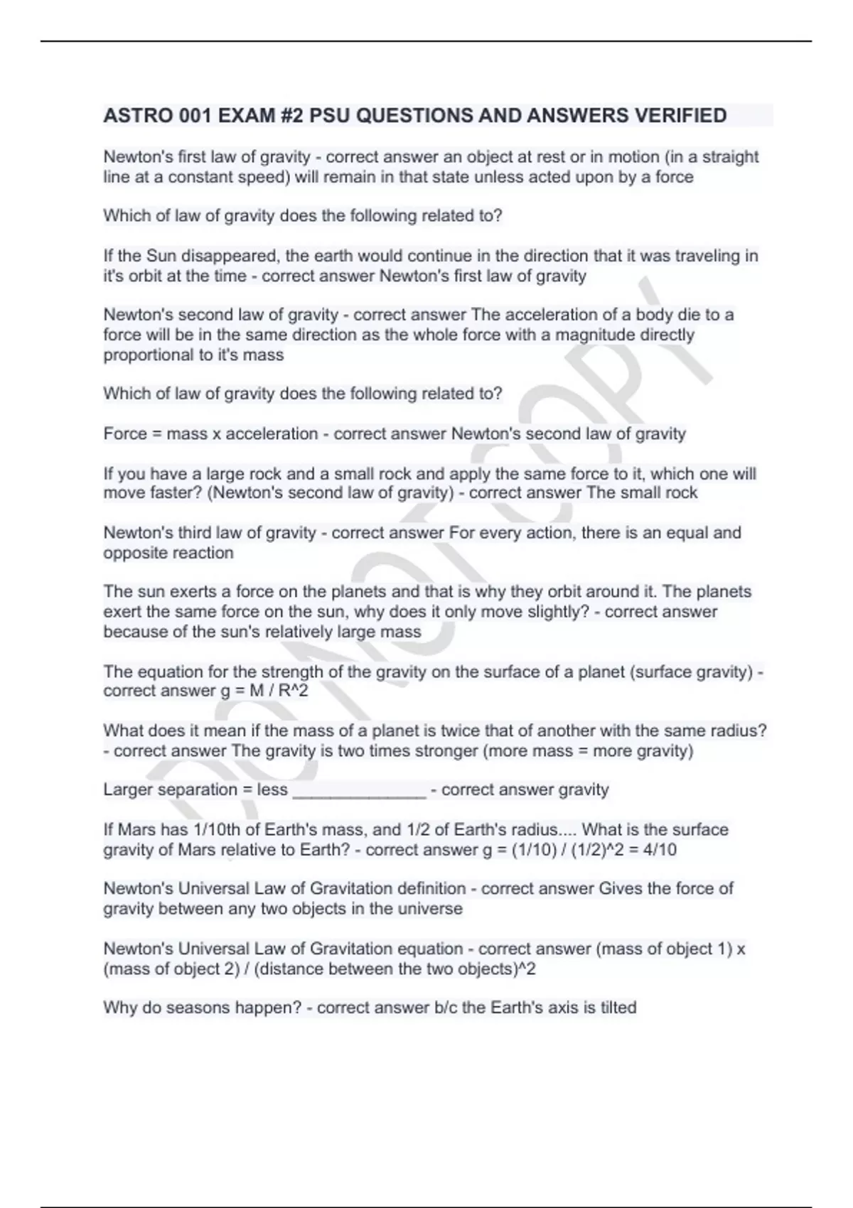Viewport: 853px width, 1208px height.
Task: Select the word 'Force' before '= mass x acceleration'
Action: [125, 433]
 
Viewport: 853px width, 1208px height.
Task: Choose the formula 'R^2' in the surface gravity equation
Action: [294, 691]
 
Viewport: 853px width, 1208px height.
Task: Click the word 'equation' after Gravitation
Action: [430, 949]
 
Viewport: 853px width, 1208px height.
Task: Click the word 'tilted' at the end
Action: [618, 1008]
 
